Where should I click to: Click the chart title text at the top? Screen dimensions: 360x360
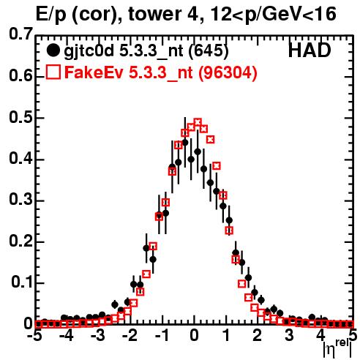point(186,15)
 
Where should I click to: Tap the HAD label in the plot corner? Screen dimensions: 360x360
point(310,50)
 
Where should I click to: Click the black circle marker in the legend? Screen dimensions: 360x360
point(53,50)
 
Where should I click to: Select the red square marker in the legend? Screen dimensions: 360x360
point(53,72)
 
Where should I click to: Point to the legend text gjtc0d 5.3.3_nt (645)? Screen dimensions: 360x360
point(146,51)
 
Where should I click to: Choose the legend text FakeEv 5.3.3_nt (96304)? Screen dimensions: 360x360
point(161,72)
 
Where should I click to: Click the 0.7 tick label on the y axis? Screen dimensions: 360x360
point(20,34)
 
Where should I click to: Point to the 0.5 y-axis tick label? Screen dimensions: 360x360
point(20,118)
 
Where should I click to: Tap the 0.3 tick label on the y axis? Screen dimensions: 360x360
point(20,200)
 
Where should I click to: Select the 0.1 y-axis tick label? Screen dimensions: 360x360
point(21,282)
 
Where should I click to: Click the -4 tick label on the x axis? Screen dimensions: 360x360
point(67,336)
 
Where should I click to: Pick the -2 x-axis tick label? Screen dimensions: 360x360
point(130,336)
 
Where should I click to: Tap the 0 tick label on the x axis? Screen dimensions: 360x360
point(194,336)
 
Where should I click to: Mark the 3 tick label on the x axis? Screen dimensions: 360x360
point(289,336)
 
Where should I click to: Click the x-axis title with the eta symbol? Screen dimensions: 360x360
point(338,348)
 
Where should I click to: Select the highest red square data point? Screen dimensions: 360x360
point(198,121)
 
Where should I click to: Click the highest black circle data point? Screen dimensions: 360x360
point(185,143)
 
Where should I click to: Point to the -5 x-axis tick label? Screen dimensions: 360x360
point(35,336)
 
